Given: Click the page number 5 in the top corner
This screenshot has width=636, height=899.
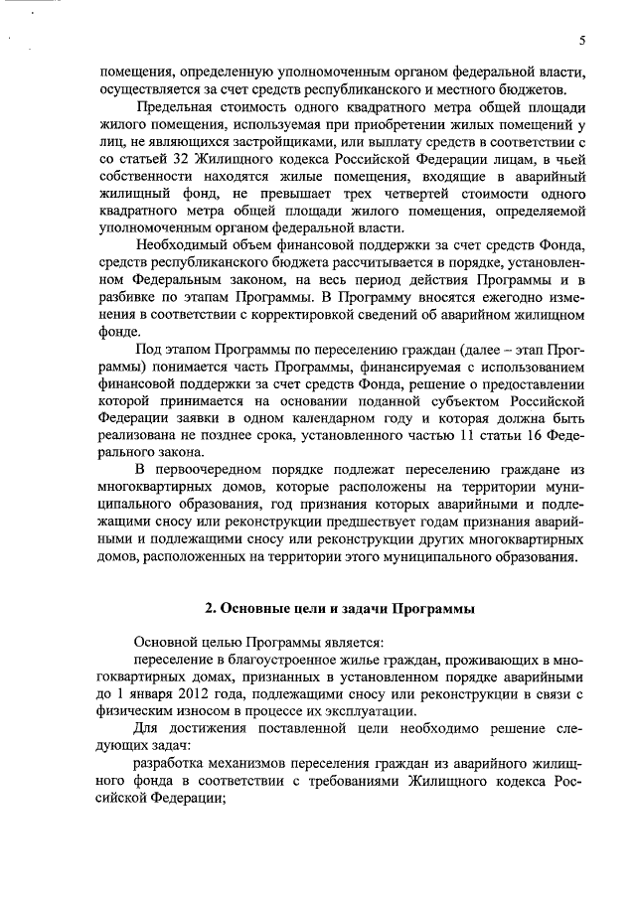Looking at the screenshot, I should (582, 40).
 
